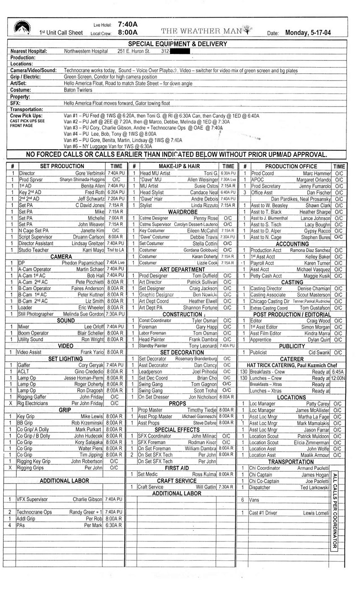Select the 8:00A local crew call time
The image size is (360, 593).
pos(128,32)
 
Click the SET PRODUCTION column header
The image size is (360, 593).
pos(62,166)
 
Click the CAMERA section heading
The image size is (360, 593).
pos(61,256)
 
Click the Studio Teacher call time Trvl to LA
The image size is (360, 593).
pos(115,250)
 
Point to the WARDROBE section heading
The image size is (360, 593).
pos(183,212)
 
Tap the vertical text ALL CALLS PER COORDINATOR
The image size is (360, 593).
pos(334,510)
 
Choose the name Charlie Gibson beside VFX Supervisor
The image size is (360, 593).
pos(87,499)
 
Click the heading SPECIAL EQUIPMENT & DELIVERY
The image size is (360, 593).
pos(177,44)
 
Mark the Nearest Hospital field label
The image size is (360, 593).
pos(29,51)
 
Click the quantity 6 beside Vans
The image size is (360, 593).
pos(243,500)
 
